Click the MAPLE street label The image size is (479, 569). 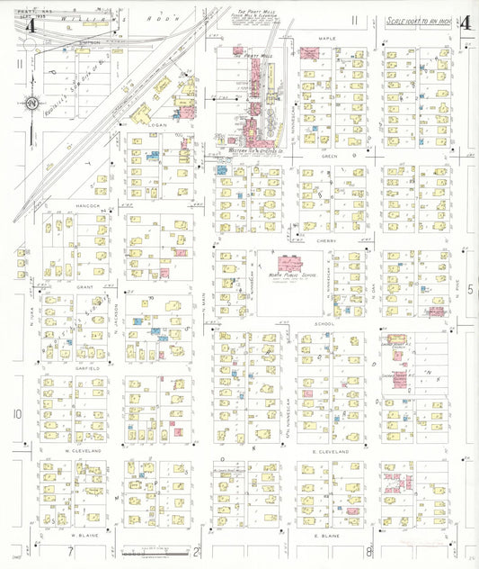coord(326,39)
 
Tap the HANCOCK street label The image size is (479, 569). coord(86,205)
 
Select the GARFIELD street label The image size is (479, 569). coord(86,367)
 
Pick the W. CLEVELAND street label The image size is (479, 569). coord(81,449)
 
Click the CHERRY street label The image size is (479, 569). coord(325,240)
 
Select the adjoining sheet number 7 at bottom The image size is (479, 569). coord(69,550)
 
